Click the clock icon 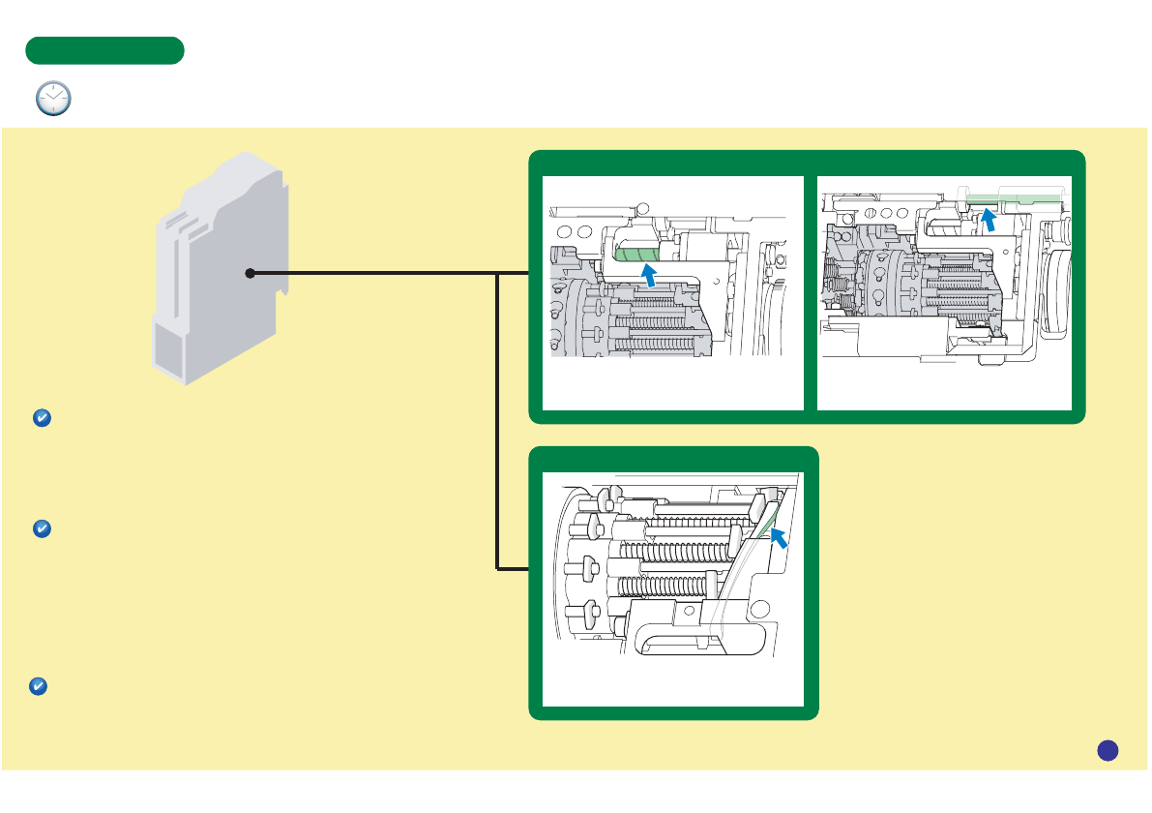coord(53,99)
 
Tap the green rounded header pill coord(104,50)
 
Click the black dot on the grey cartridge coord(250,274)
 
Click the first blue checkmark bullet coord(42,418)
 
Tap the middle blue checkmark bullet coord(42,529)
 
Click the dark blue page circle coord(1108,749)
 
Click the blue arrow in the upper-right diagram coord(990,221)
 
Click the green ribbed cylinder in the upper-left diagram coord(635,256)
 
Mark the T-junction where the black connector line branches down coord(498,274)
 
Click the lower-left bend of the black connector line coord(498,568)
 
